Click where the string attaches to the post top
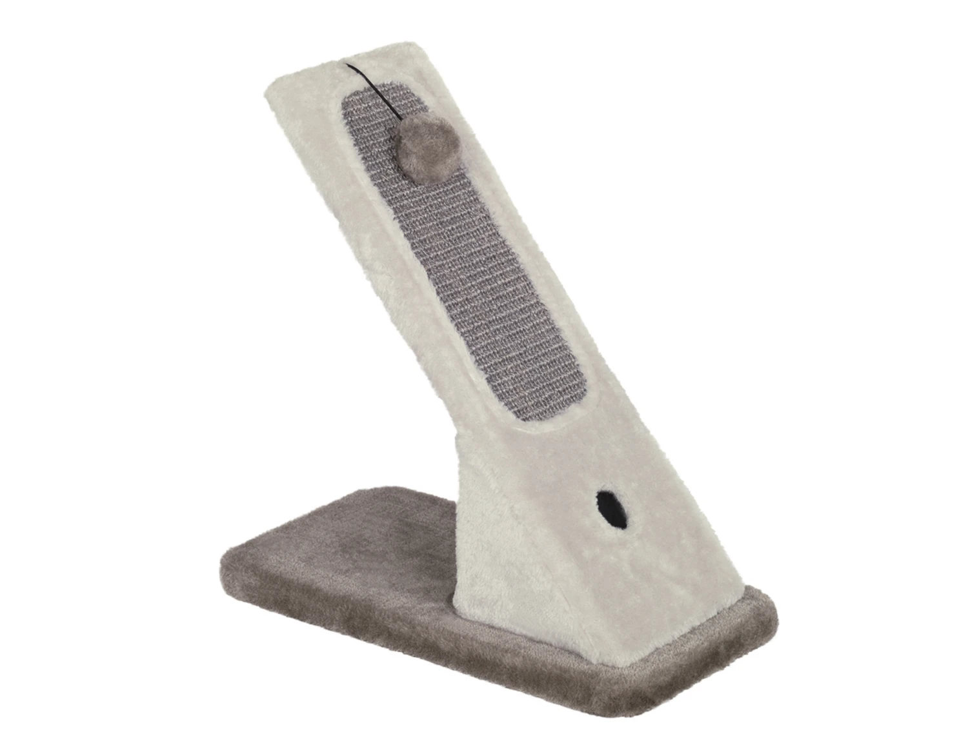tap(347, 64)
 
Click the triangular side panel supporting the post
tap(497, 548)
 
